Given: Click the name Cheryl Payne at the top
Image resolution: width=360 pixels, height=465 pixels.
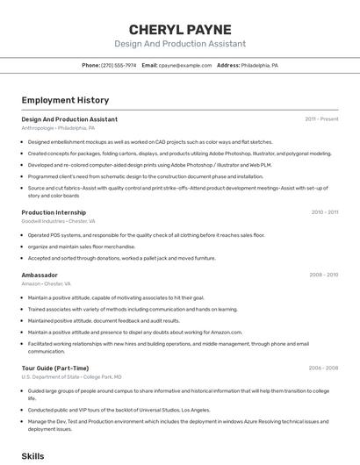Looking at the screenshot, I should click(180, 29).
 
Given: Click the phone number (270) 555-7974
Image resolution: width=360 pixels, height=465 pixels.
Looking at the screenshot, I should click(119, 66).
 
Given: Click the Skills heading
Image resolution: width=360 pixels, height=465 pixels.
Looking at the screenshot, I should click(32, 456).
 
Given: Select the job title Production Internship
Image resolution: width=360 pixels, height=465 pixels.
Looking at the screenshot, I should click(54, 212).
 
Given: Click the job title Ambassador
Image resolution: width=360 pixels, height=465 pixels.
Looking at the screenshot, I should click(40, 275).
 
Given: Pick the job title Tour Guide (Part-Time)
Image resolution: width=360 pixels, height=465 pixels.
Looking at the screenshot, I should click(55, 368).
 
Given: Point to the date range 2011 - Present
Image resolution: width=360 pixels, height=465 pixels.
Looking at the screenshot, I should click(321, 118).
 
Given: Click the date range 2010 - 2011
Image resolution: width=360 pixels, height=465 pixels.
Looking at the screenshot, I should click(325, 212).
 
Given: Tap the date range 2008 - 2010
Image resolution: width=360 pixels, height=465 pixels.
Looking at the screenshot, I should click(323, 275).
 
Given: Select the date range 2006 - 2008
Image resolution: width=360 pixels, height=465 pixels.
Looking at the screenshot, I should click(323, 368).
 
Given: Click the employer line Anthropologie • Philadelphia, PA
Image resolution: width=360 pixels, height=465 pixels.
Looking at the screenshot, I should click(58, 128).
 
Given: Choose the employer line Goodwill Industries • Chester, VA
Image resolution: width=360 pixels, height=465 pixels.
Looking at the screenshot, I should click(58, 222).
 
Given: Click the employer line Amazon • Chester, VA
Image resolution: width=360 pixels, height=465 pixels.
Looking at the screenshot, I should click(46, 284).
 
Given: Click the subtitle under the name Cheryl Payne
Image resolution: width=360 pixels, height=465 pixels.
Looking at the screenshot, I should click(180, 44).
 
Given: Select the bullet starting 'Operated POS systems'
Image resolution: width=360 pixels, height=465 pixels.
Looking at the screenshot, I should click(146, 235).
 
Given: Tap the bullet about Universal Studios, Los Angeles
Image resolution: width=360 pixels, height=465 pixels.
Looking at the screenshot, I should click(119, 410).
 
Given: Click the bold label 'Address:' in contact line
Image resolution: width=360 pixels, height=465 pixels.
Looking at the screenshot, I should click(228, 66).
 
